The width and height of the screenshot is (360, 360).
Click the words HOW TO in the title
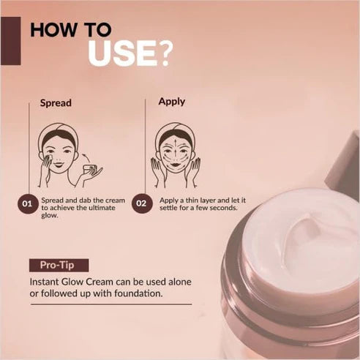[x=71, y=30]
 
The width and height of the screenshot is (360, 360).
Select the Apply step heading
[x=172, y=102]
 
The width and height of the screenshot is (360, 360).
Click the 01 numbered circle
[x=28, y=203]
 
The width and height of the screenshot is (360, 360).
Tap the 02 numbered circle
[x=142, y=203]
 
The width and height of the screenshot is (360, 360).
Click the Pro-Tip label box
[x=59, y=265]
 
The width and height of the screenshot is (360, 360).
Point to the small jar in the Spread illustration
[x=90, y=170]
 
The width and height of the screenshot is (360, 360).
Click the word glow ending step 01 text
[x=50, y=216]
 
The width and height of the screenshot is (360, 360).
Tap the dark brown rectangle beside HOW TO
[x=10, y=40]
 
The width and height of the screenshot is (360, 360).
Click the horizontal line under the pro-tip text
[x=110, y=304]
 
